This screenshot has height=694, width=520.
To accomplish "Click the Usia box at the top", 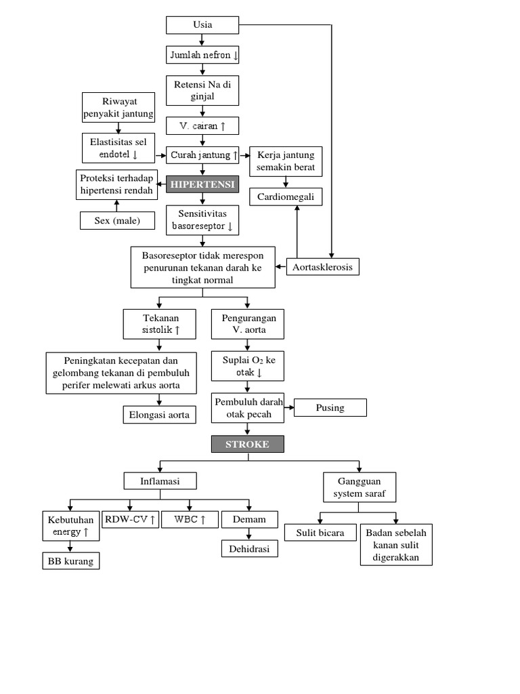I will (x=202, y=25).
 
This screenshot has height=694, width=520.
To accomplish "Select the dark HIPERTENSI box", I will (x=202, y=184).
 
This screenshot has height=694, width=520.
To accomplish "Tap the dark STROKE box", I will (x=248, y=445).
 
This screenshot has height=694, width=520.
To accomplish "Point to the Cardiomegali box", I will (x=286, y=197).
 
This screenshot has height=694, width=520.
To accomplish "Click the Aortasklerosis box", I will (x=322, y=267).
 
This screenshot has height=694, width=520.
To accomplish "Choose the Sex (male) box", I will (x=117, y=221).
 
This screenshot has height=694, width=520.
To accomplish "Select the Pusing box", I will (x=330, y=407).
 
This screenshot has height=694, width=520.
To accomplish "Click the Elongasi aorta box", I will (x=160, y=415).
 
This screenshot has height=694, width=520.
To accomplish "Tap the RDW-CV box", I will (x=131, y=520).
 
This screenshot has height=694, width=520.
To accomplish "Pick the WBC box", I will (x=190, y=520).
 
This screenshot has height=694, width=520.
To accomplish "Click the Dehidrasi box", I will (x=249, y=548).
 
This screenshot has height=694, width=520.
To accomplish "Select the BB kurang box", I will (x=70, y=561).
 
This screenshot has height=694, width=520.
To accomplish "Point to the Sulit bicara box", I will (x=320, y=533).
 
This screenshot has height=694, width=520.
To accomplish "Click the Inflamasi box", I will (x=160, y=481).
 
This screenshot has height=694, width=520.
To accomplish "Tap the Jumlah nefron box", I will (x=202, y=55).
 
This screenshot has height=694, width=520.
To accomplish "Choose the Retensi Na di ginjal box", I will (x=202, y=90).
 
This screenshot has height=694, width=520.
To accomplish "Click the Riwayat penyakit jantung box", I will (x=118, y=108).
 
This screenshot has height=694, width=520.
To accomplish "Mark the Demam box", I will (x=249, y=520).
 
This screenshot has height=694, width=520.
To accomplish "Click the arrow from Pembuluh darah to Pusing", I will (x=288, y=407).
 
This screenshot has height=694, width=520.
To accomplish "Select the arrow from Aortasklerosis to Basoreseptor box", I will (x=281, y=267).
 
